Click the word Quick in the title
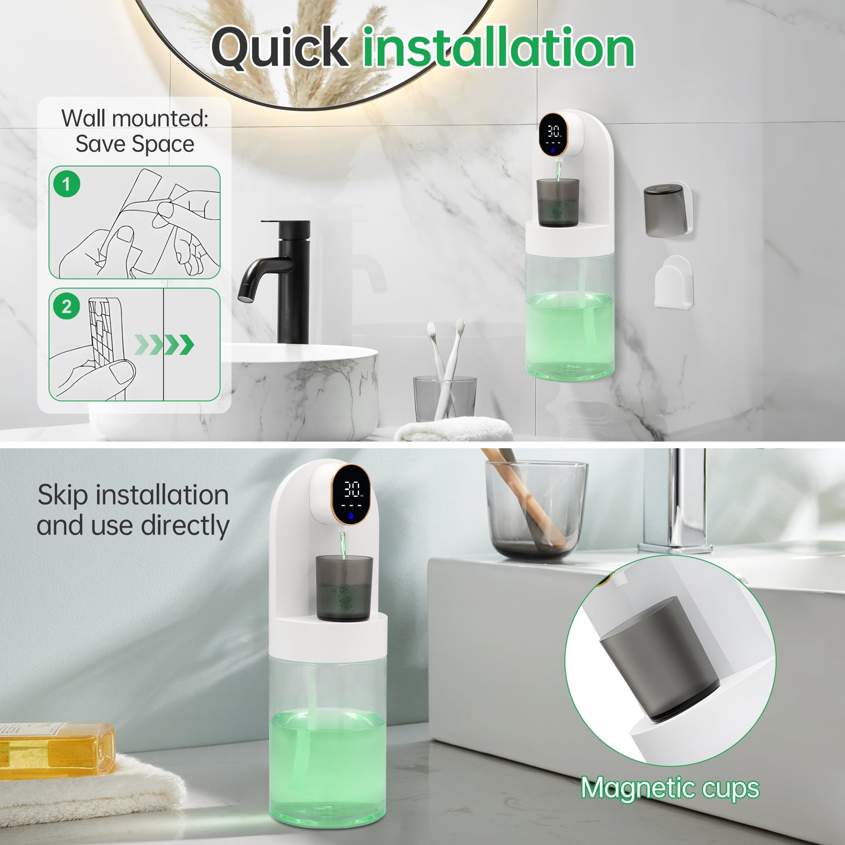[280, 47]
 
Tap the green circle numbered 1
[66, 184]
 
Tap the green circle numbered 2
[66, 306]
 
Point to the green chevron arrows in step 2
[164, 345]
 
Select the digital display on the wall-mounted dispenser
[554, 134]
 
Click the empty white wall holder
[673, 283]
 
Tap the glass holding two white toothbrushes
[445, 399]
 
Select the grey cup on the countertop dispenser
[344, 588]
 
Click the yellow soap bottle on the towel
[57, 750]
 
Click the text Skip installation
[133, 495]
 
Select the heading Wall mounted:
[135, 118]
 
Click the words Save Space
[135, 144]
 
